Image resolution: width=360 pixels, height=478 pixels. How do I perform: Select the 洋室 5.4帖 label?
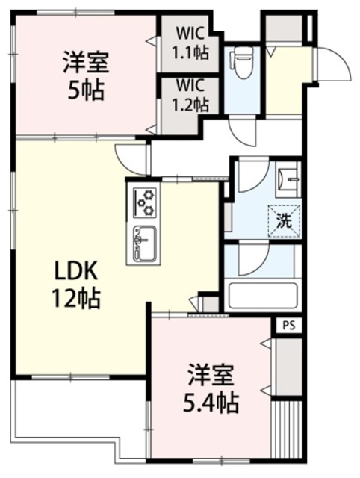click(213, 390)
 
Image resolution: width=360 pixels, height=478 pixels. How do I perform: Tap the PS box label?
click(289, 326)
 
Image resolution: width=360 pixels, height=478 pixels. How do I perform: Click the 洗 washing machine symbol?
click(284, 220)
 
